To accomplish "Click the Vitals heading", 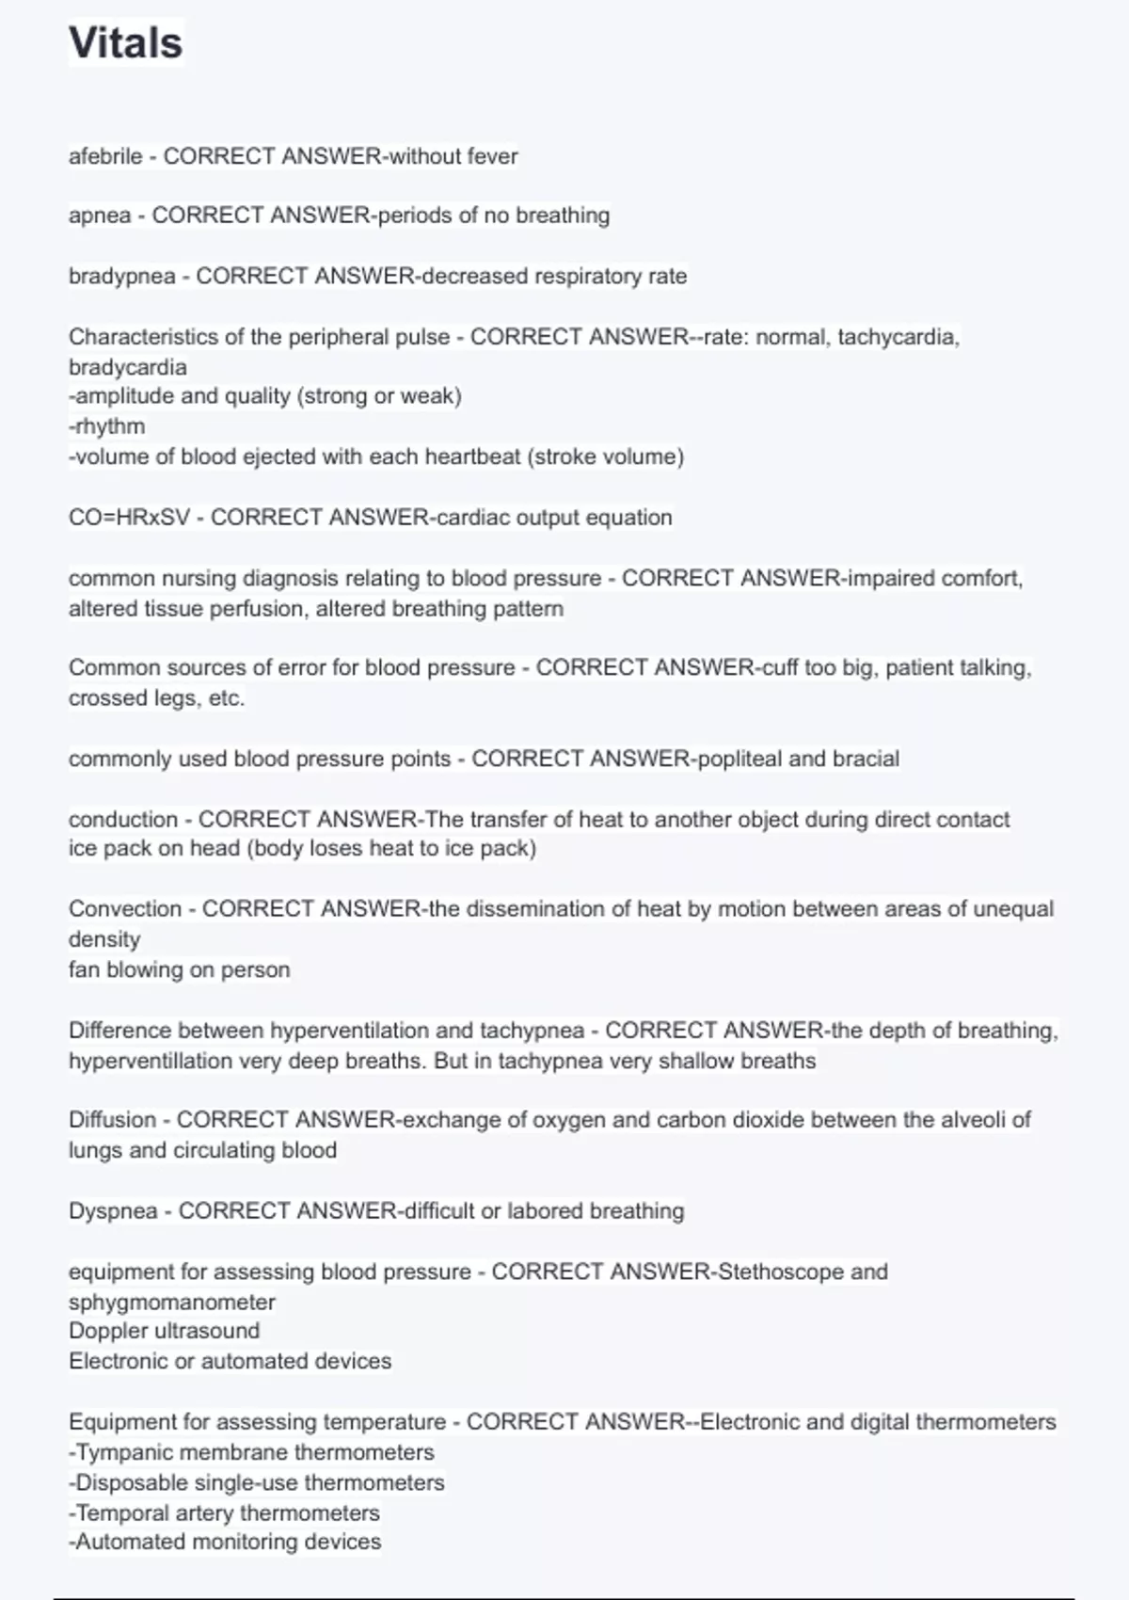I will [x=126, y=43].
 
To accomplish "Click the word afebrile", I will [x=105, y=156].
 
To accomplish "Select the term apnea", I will [x=100, y=216].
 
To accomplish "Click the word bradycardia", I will [x=128, y=367].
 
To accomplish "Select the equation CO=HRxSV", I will [x=129, y=518].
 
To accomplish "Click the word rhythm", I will [x=110, y=426].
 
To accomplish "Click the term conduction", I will [x=123, y=820].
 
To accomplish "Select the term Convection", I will [x=125, y=909].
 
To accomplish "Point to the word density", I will [x=104, y=939].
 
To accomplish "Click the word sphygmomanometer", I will [x=172, y=1303].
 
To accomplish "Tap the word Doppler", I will [x=107, y=1331].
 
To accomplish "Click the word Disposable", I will [x=127, y=1483].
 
